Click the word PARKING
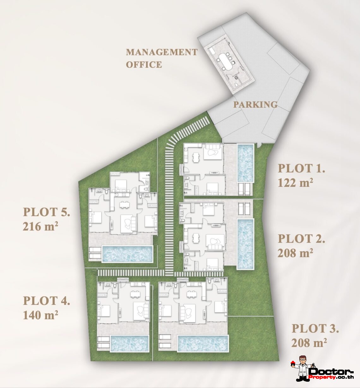click(255, 105)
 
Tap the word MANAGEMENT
click(162, 52)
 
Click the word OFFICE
click(144, 64)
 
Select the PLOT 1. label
click(301, 168)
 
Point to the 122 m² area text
click(295, 183)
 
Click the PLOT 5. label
click(46, 212)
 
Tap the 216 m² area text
click(40, 227)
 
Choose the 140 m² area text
click(40, 315)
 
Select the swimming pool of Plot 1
click(245, 163)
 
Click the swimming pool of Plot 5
click(127, 254)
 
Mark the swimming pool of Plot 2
click(245, 244)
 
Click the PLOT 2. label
click(301, 239)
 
